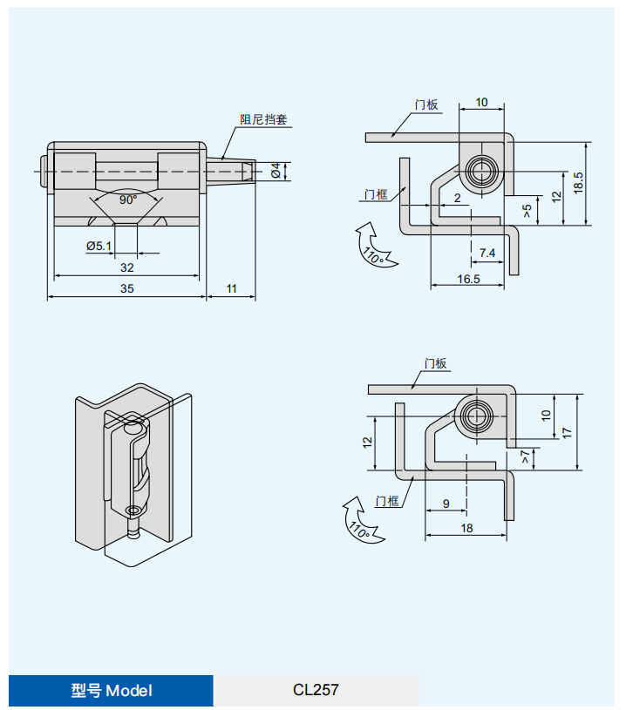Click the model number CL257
[x=316, y=690]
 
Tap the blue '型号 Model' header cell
[x=111, y=691]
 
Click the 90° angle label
[x=128, y=199]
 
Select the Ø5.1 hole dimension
[x=99, y=246]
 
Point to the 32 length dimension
[x=127, y=267]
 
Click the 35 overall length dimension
[x=127, y=288]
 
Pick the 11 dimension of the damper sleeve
[x=231, y=288]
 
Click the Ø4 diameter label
[x=276, y=171]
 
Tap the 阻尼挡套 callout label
[x=263, y=119]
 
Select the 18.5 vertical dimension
[x=578, y=183]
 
